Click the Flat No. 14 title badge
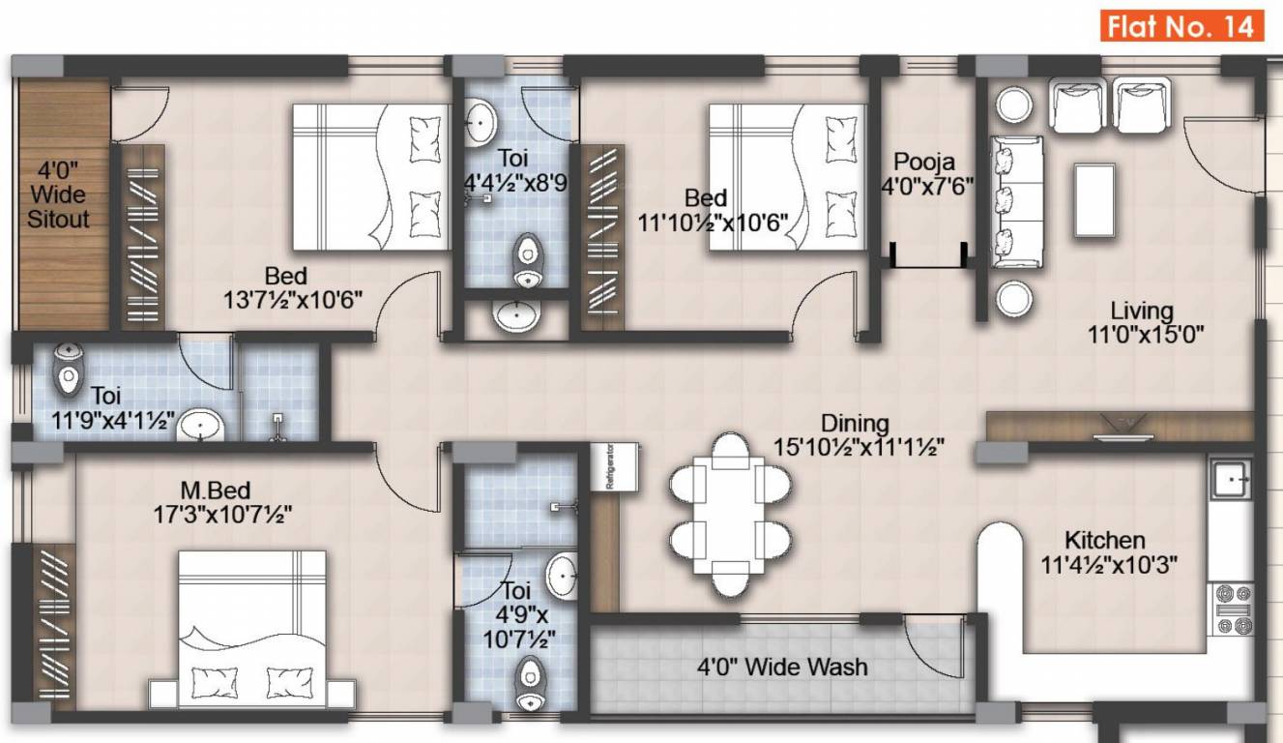coord(1181,26)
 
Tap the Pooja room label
coord(923,161)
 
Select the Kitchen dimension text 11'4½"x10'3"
coord(1106,564)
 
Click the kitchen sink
coord(1232,476)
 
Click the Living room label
coord(1141,312)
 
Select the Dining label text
coord(855,423)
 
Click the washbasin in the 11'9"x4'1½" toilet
coord(201,424)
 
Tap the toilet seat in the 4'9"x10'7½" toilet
coord(530,683)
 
